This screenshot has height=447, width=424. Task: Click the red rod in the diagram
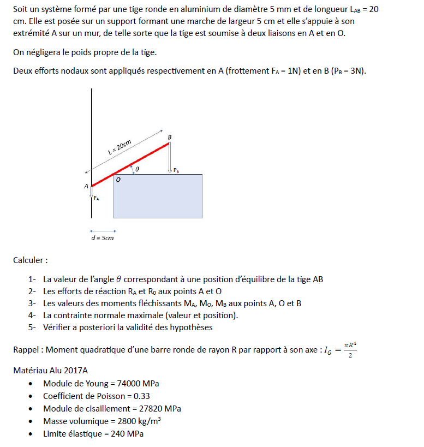pos(131,164)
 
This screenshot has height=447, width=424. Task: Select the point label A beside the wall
pos(86,186)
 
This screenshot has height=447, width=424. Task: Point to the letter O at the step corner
pos(118,179)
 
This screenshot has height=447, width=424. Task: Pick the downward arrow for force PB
pos(170,157)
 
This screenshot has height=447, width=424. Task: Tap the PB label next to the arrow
pos(176,171)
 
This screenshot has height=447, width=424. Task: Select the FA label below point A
pos(96,199)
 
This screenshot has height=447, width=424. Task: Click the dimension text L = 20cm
pos(119,147)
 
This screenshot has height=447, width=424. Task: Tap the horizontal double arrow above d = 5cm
pos(103,230)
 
